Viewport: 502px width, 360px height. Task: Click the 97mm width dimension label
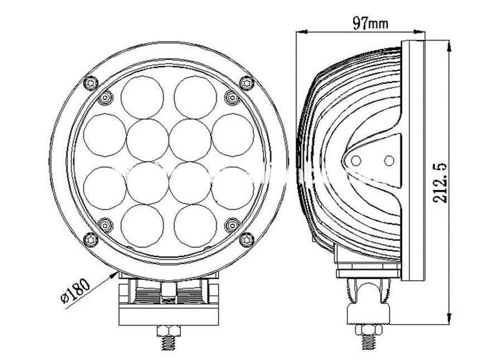pos(370,23)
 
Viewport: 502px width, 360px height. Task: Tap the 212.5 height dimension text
pos(440,183)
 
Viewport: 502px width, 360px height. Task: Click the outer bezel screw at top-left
pos(91,84)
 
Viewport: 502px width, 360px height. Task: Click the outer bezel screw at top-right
pos(247,84)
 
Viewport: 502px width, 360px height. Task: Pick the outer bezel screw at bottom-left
pos(91,240)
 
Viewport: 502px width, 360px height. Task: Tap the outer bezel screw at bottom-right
pos(247,240)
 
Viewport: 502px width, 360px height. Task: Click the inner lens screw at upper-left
pos(105,98)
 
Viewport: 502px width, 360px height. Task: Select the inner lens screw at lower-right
pos(233,225)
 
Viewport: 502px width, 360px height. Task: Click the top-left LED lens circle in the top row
pos(142,98)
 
